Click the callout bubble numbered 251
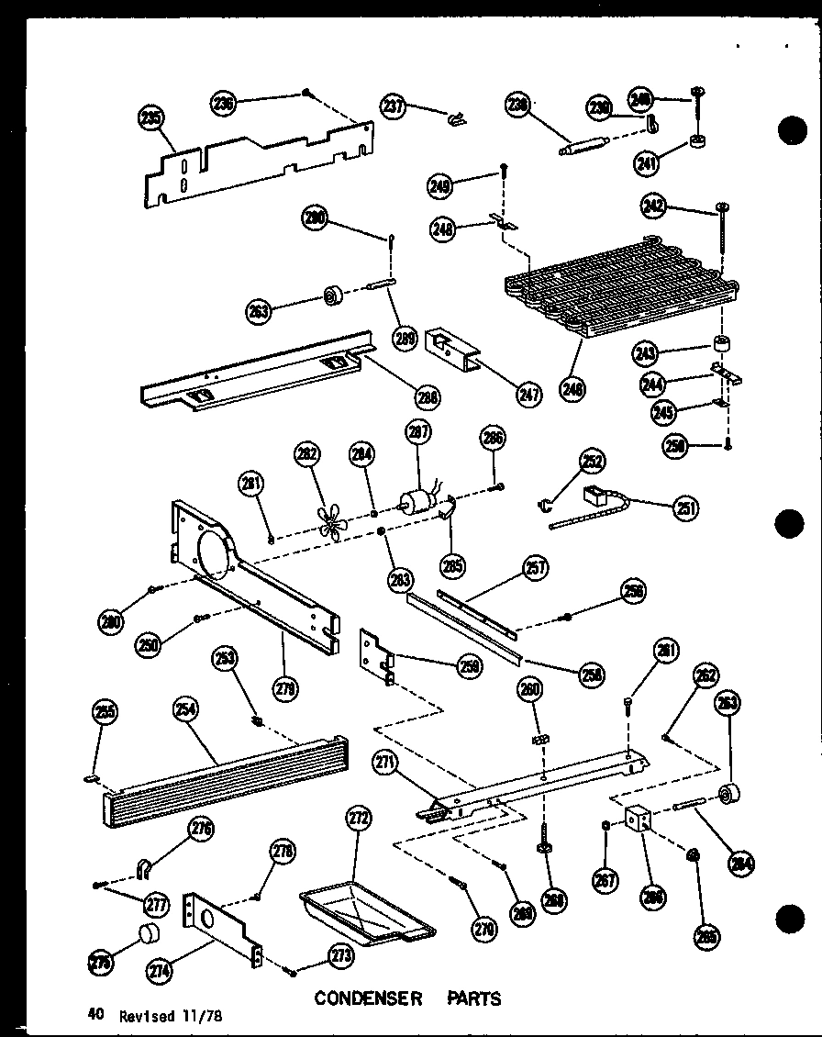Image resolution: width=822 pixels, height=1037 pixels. click(x=685, y=507)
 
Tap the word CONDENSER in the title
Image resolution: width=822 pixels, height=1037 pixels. click(x=368, y=998)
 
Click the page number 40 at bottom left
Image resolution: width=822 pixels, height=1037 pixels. click(x=94, y=1014)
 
